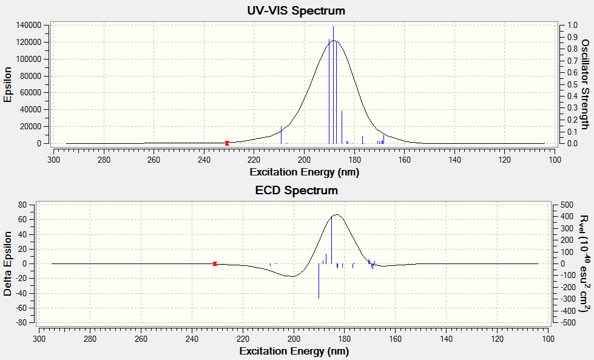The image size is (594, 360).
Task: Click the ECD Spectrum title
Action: coord(296,191)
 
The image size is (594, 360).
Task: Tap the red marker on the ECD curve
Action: coord(215,263)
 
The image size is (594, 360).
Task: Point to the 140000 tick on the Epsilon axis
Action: coord(29,25)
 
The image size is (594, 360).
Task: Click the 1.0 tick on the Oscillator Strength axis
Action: coord(572,26)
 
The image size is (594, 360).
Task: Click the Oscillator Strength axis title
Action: coord(585,84)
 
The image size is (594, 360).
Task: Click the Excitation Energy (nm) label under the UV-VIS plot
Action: coord(304,172)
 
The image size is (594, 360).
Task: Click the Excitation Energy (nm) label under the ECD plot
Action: coord(294,351)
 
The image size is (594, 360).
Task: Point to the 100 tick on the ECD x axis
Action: coord(548,339)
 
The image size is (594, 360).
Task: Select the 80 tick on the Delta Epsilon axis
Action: coord(21,205)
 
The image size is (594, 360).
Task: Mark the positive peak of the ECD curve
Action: coord(336,214)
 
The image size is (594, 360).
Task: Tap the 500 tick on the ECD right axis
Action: coord(565,205)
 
